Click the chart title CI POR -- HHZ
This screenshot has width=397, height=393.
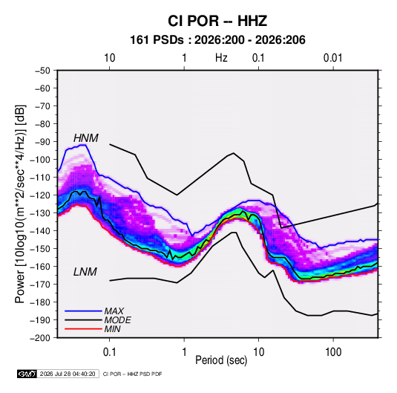(217, 21)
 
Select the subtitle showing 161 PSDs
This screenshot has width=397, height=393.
(217, 40)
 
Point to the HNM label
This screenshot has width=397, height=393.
(86, 138)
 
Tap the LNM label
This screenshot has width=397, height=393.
(85, 272)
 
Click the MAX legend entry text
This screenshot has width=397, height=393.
(114, 311)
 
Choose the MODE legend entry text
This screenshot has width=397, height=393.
(118, 320)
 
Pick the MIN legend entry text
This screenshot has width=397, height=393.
(112, 329)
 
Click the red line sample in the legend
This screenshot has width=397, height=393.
(83, 329)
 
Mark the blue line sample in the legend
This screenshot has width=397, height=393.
(83, 311)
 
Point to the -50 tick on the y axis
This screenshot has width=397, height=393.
(42, 71)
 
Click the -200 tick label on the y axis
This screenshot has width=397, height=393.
(40, 338)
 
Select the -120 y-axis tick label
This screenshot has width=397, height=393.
(40, 195)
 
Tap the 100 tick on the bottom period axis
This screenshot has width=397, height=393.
(333, 352)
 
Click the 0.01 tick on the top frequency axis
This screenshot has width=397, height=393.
(333, 58)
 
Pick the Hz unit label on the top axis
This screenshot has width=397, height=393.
(221, 58)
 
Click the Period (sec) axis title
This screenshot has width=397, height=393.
(221, 360)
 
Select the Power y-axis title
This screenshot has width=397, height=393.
(20, 204)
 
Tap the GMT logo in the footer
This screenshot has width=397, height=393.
(27, 374)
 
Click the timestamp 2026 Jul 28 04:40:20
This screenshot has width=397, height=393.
(68, 374)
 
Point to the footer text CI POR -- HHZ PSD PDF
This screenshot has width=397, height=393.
(132, 374)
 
